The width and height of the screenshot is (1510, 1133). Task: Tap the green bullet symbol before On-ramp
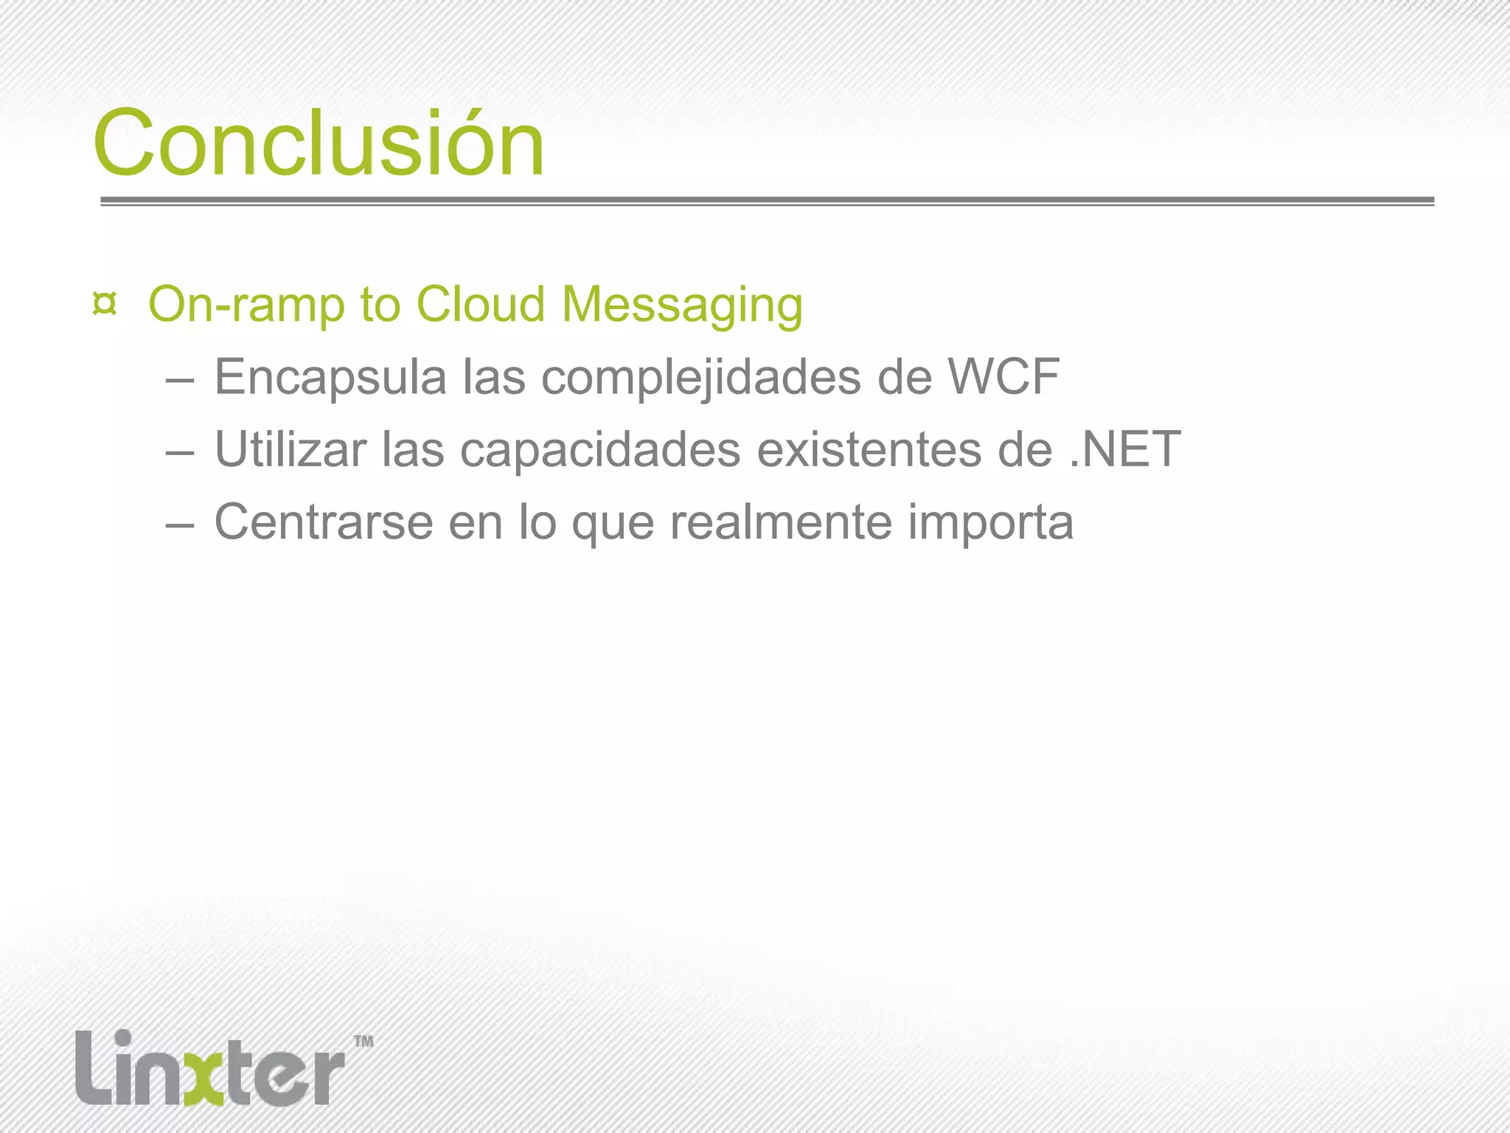(105, 304)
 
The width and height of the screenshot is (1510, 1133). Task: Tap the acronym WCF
(1003, 376)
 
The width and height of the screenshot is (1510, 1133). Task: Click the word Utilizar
(290, 449)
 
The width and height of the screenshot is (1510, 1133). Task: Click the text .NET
(1125, 449)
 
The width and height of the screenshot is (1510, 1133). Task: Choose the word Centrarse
(324, 522)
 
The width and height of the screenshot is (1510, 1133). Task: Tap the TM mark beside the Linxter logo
(364, 1042)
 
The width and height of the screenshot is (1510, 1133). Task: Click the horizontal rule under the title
(767, 201)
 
